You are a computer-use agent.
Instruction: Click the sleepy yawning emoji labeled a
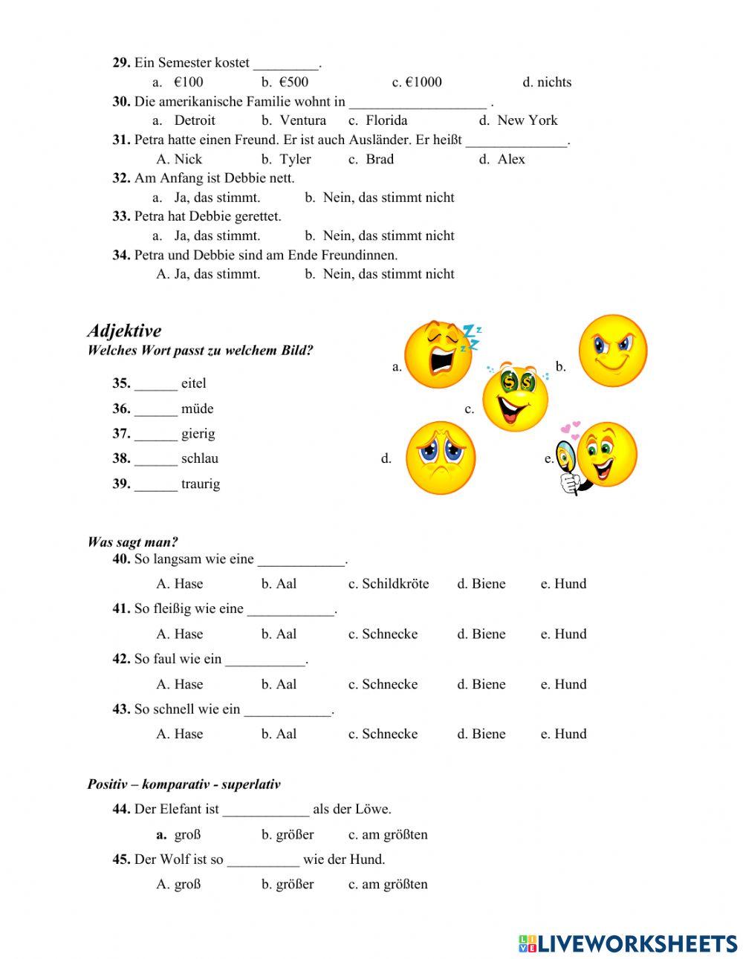pos(439,354)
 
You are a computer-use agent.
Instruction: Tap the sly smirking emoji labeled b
pos(613,350)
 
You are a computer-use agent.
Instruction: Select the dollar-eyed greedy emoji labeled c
pos(515,399)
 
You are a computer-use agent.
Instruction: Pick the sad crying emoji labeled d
pos(441,458)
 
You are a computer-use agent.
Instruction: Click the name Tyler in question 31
pos(295,159)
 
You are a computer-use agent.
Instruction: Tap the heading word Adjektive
pos(124,331)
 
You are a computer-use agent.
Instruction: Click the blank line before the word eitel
pos(156,384)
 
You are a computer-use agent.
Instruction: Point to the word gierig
pos(198,434)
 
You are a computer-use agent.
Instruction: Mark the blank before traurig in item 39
pos(156,484)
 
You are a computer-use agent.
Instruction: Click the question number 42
pos(121,659)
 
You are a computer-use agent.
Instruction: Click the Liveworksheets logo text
pos(637,943)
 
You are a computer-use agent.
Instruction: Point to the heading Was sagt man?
pos(133,542)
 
